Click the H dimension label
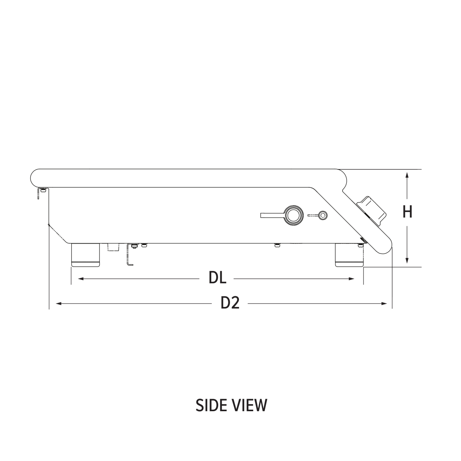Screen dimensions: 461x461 (x=407, y=212)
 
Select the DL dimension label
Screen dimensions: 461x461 (x=218, y=278)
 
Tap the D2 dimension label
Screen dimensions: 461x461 (x=230, y=303)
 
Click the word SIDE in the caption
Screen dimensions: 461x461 (x=211, y=405)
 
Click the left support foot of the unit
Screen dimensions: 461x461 (x=85, y=255)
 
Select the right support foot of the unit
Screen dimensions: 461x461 (x=349, y=255)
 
